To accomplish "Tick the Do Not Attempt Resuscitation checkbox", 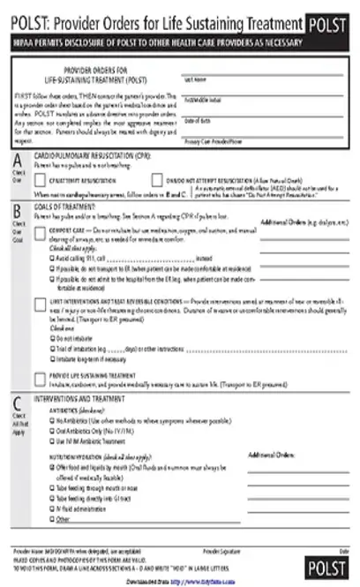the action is (x=157, y=180).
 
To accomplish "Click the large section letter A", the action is (x=18, y=160).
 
